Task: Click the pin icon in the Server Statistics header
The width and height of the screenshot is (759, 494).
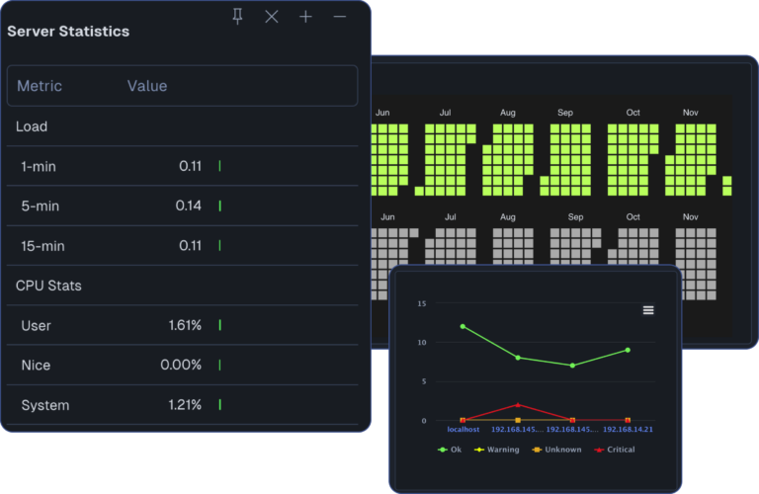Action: [x=237, y=16]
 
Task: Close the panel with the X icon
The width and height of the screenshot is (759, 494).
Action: [x=272, y=16]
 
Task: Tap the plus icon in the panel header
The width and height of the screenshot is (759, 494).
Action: [x=305, y=16]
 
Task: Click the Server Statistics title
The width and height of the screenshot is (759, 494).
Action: [x=68, y=31]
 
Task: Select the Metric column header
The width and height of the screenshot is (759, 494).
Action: [x=40, y=86]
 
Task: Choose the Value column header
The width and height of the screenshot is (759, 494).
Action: [x=147, y=86]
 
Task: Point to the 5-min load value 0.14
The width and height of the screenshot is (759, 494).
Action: [x=189, y=206]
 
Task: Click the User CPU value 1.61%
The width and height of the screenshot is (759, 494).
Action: [x=185, y=325]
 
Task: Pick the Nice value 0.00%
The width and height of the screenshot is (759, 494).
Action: [x=181, y=365]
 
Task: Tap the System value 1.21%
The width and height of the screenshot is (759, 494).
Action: [x=185, y=405]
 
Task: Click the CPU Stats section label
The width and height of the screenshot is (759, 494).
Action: [x=48, y=286]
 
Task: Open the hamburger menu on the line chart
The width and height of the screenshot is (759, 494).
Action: [x=648, y=310]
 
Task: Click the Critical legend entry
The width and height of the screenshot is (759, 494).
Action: [x=615, y=450]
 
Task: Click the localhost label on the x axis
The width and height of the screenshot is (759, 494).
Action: [x=463, y=430]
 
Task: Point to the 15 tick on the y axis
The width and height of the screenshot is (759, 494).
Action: [x=421, y=303]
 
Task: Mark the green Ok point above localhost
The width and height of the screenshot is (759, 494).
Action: [x=463, y=326]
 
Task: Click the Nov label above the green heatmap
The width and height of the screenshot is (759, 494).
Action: [x=691, y=113]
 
